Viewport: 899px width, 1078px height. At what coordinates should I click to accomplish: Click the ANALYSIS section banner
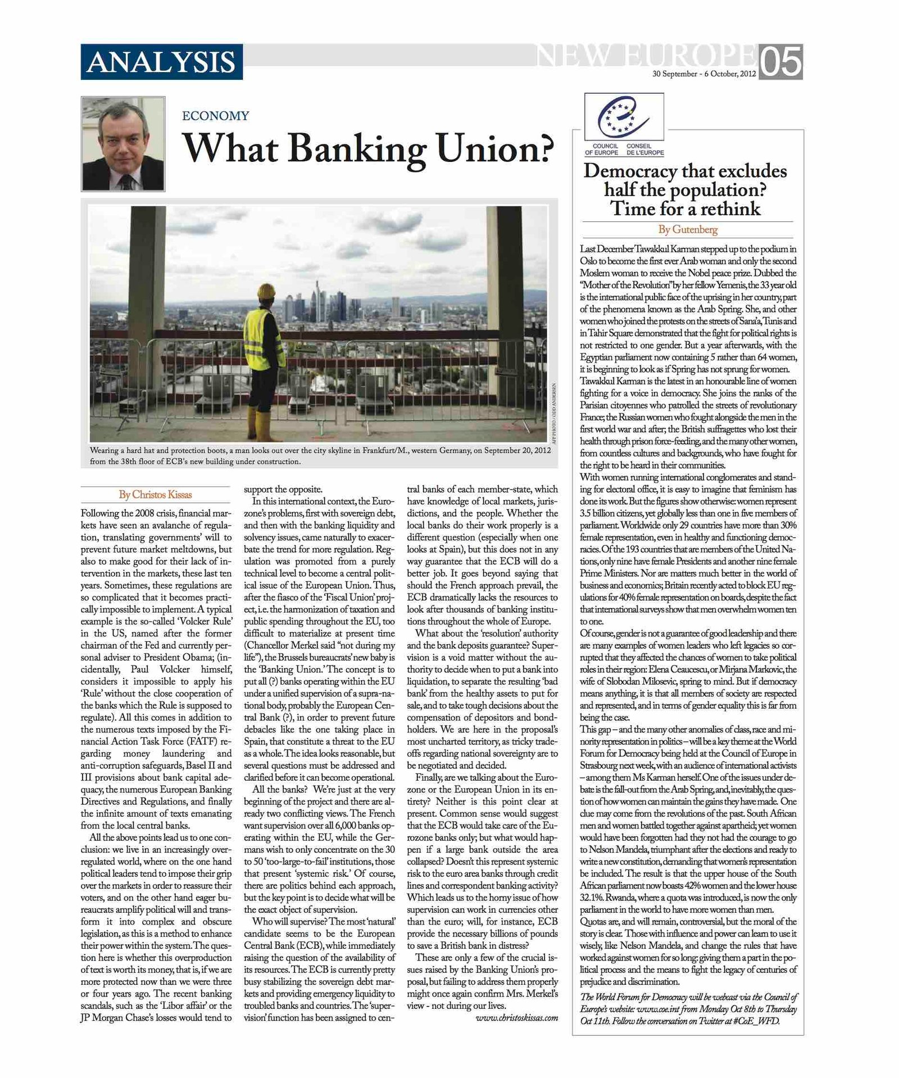[161, 62]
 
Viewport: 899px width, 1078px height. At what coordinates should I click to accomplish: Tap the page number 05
[780, 62]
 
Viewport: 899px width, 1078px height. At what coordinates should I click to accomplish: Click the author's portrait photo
[123, 144]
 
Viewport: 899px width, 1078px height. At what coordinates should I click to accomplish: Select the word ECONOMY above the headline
[215, 116]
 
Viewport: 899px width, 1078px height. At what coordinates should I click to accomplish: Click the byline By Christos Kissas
[155, 495]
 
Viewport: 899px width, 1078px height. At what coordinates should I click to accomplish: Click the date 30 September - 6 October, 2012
[703, 74]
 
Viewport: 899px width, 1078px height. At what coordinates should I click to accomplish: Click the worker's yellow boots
[259, 426]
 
